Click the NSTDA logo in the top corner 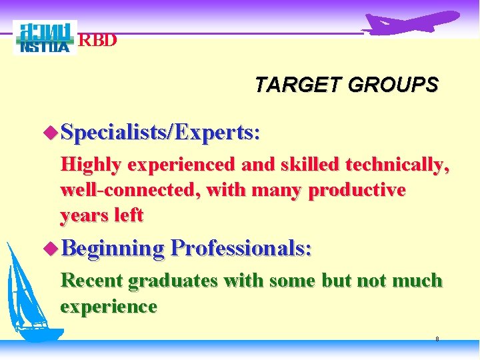(45, 37)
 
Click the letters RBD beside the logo (98, 41)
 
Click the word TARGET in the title (291, 85)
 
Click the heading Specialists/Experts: (160, 133)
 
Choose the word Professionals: (241, 249)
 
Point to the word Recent (91, 281)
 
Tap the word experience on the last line (109, 306)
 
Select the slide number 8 (437, 339)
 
